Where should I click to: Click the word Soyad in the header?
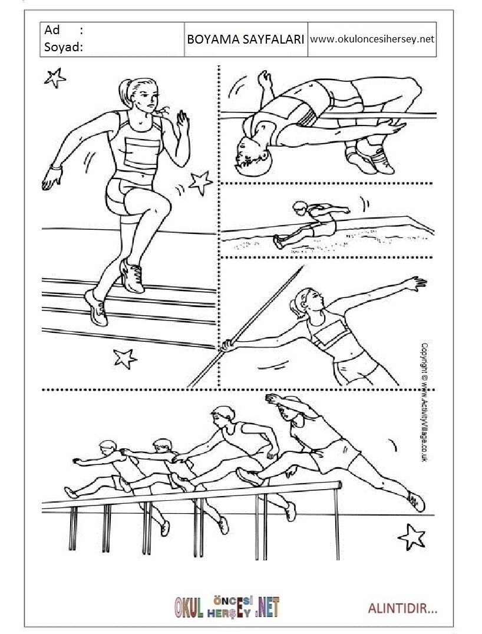[61, 47]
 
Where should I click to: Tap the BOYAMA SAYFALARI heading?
[246, 39]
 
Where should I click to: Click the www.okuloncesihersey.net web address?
[372, 39]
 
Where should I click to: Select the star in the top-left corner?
[55, 78]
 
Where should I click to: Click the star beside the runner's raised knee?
[200, 183]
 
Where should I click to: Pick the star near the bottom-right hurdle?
[412, 537]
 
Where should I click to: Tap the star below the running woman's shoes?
[124, 358]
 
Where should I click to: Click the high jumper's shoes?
[370, 159]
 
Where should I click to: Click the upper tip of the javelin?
[303, 266]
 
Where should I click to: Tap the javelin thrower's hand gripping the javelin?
[227, 345]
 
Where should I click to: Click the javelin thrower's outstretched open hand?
[415, 283]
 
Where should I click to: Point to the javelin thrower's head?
[308, 301]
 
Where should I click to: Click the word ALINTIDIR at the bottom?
[402, 608]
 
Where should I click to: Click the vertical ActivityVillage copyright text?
[424, 402]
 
